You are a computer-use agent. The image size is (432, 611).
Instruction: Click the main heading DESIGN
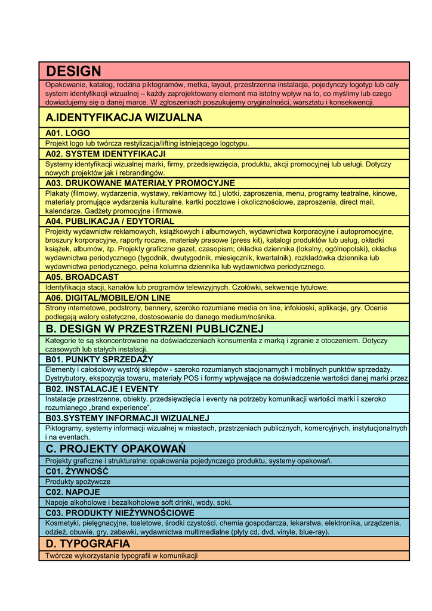(x=73, y=72)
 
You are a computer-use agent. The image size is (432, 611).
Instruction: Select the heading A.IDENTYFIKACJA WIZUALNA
(x=124, y=118)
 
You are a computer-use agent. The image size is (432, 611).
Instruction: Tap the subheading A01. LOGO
(x=67, y=133)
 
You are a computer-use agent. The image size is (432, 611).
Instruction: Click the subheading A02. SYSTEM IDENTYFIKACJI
(x=105, y=154)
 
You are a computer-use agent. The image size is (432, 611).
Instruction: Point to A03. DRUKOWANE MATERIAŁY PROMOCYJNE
(x=140, y=183)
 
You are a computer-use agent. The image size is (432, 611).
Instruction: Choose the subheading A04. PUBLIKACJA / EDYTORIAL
(x=110, y=221)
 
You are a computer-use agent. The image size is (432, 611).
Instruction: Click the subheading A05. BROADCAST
(x=82, y=277)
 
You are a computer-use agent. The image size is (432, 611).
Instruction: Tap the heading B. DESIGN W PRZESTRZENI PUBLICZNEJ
(x=154, y=329)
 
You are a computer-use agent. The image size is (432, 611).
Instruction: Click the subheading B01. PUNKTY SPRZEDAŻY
(x=99, y=359)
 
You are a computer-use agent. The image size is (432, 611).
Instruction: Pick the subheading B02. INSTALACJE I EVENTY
(x=102, y=389)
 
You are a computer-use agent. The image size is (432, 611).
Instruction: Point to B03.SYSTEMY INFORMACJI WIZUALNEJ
(x=127, y=418)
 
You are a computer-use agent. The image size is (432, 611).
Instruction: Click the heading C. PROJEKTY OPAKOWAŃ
(x=115, y=448)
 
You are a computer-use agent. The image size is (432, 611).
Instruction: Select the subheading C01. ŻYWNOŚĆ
(x=77, y=471)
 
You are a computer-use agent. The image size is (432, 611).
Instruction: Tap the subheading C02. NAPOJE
(x=73, y=492)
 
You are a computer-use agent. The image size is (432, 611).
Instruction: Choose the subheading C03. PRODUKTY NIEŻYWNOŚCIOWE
(x=119, y=513)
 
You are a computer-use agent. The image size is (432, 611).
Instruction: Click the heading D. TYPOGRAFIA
(x=87, y=544)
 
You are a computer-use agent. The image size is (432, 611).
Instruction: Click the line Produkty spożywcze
(x=78, y=482)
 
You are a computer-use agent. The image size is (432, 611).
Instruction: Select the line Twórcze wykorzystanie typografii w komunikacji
(x=121, y=556)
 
